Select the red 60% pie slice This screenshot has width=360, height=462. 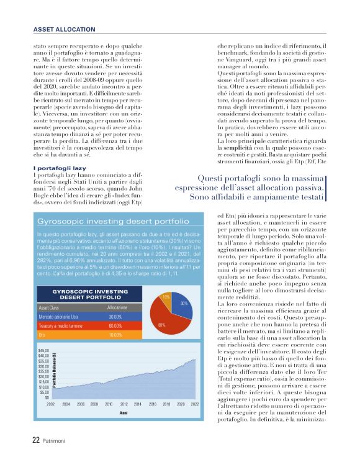coord(163,322)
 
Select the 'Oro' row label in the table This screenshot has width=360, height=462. coord(42,335)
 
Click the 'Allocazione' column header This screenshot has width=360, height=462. coord(117,308)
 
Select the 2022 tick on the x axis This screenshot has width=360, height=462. coord(194,404)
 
